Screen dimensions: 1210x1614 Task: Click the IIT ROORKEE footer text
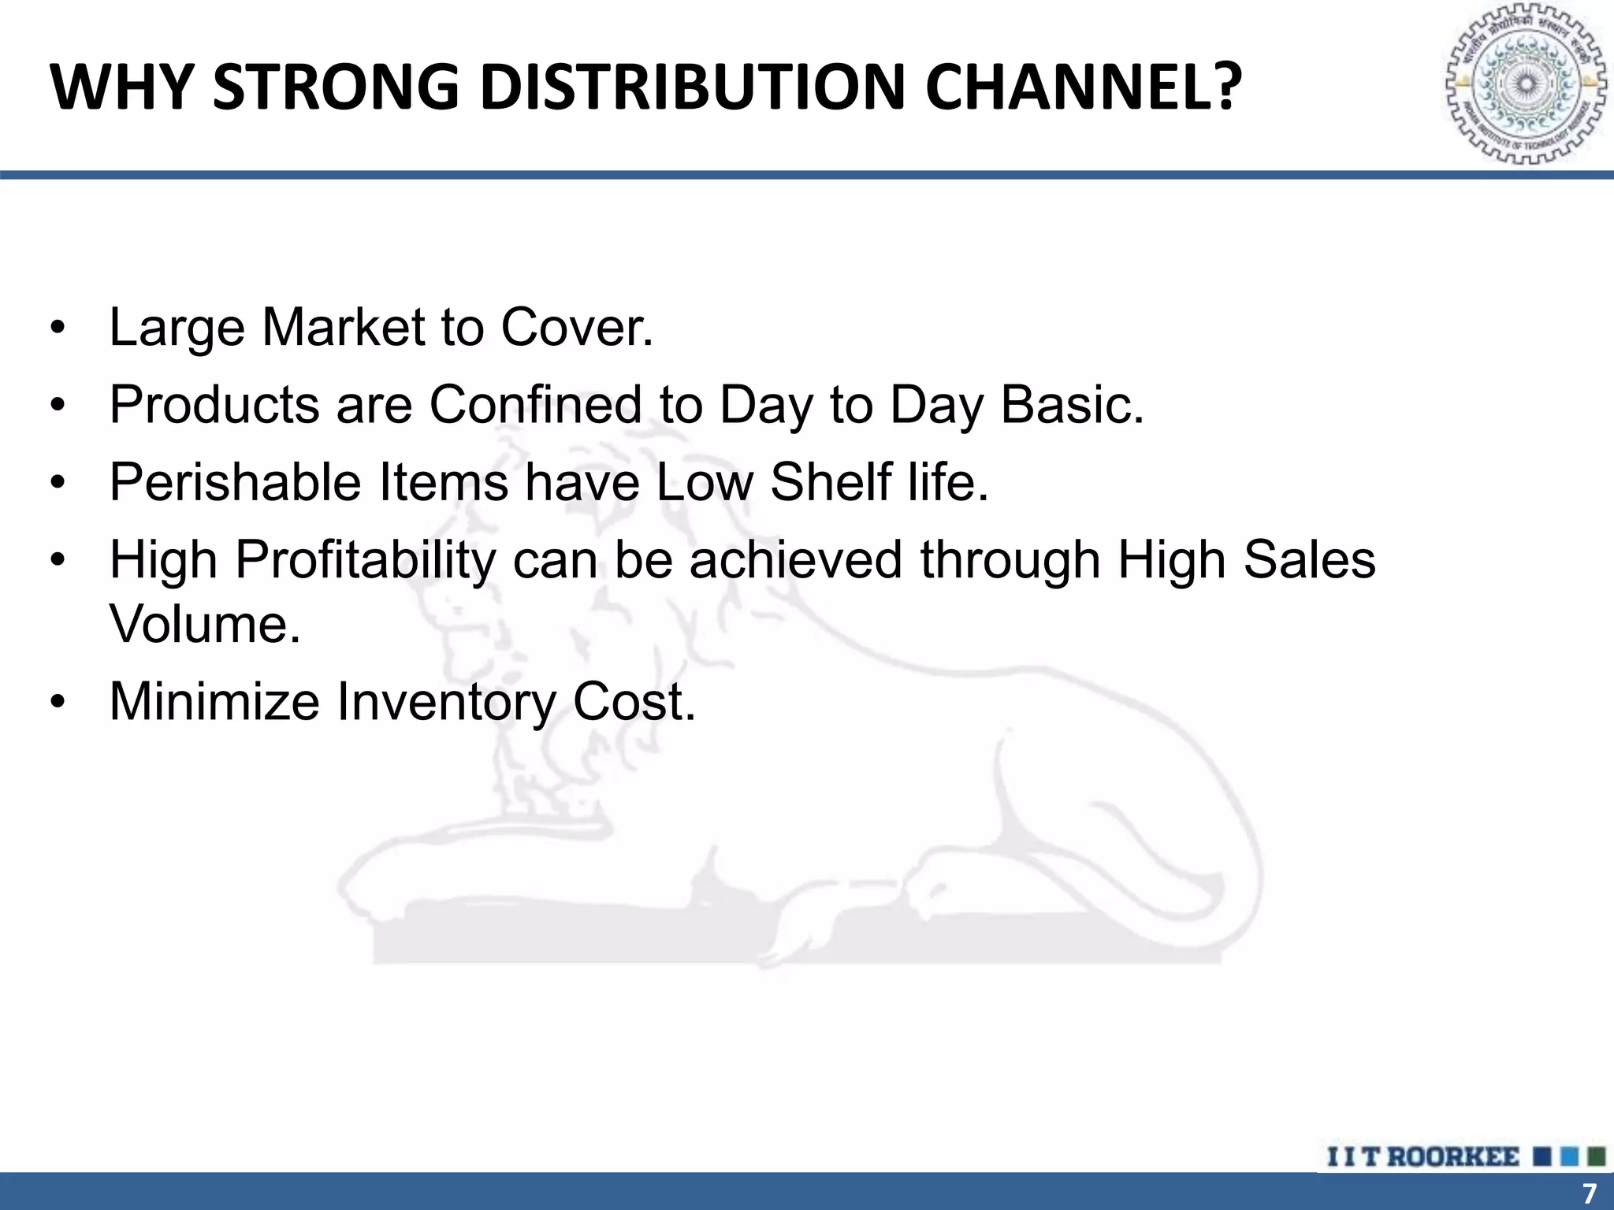pos(1423,1157)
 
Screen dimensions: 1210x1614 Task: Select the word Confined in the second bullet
pos(536,405)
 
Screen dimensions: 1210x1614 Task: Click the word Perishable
pos(235,482)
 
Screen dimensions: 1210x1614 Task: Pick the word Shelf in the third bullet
pos(830,482)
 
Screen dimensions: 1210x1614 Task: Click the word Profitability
pos(366,560)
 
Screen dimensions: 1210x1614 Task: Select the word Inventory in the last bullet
pos(446,701)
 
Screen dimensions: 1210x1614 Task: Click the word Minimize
pos(214,701)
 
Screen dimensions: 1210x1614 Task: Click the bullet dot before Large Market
pos(57,329)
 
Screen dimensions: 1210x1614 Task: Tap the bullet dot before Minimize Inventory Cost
pos(57,703)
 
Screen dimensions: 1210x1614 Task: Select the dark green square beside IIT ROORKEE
pos(1596,1156)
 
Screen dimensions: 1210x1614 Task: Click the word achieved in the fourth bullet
pos(795,560)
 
